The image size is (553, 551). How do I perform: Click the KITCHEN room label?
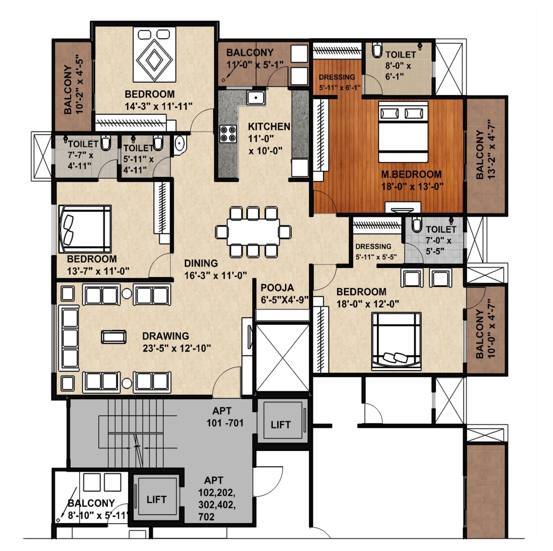click(269, 126)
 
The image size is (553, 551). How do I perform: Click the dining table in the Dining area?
click(253, 232)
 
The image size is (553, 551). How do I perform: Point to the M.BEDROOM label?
click(411, 174)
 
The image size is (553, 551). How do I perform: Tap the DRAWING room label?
click(165, 336)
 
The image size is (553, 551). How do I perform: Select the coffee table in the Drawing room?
click(113, 337)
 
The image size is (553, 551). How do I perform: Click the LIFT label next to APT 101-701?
click(281, 425)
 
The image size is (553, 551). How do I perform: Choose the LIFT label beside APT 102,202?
click(157, 500)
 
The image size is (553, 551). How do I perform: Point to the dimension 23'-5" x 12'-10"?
click(177, 348)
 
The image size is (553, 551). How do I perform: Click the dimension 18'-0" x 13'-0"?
click(412, 186)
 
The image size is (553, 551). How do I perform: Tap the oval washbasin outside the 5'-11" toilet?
click(180, 144)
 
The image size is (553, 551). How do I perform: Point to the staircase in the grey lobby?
click(136, 433)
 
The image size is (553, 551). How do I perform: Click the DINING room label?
click(201, 263)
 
